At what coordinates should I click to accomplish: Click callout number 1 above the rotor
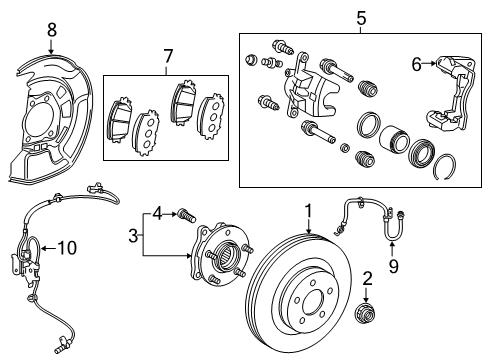pyautogui.click(x=310, y=211)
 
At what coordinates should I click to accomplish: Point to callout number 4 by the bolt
pyautogui.click(x=157, y=212)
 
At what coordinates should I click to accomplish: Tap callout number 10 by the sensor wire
pyautogui.click(x=66, y=246)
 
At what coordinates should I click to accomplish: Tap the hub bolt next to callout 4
pyautogui.click(x=186, y=213)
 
